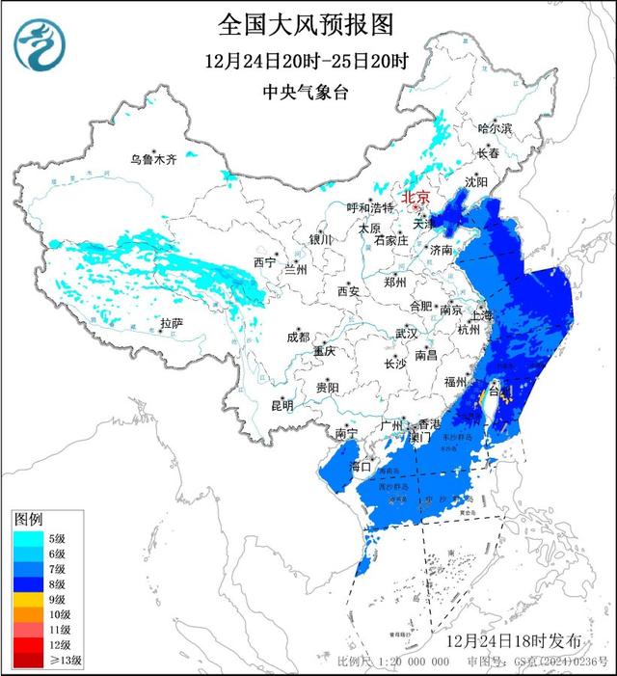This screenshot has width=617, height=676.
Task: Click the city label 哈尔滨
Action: pyautogui.click(x=496, y=128)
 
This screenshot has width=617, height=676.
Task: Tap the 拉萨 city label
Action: pyautogui.click(x=172, y=323)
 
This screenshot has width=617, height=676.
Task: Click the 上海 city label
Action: pyautogui.click(x=481, y=314)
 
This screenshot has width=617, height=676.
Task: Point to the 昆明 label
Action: pyautogui.click(x=281, y=405)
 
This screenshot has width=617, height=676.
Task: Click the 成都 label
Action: pyautogui.click(x=298, y=337)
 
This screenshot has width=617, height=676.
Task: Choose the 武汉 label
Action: pyautogui.click(x=406, y=334)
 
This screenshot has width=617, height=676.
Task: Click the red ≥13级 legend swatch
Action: pyautogui.click(x=26, y=659)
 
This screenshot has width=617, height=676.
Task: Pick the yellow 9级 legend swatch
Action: pyautogui.click(x=26, y=599)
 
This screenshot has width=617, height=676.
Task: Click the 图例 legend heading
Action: pyautogui.click(x=29, y=520)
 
